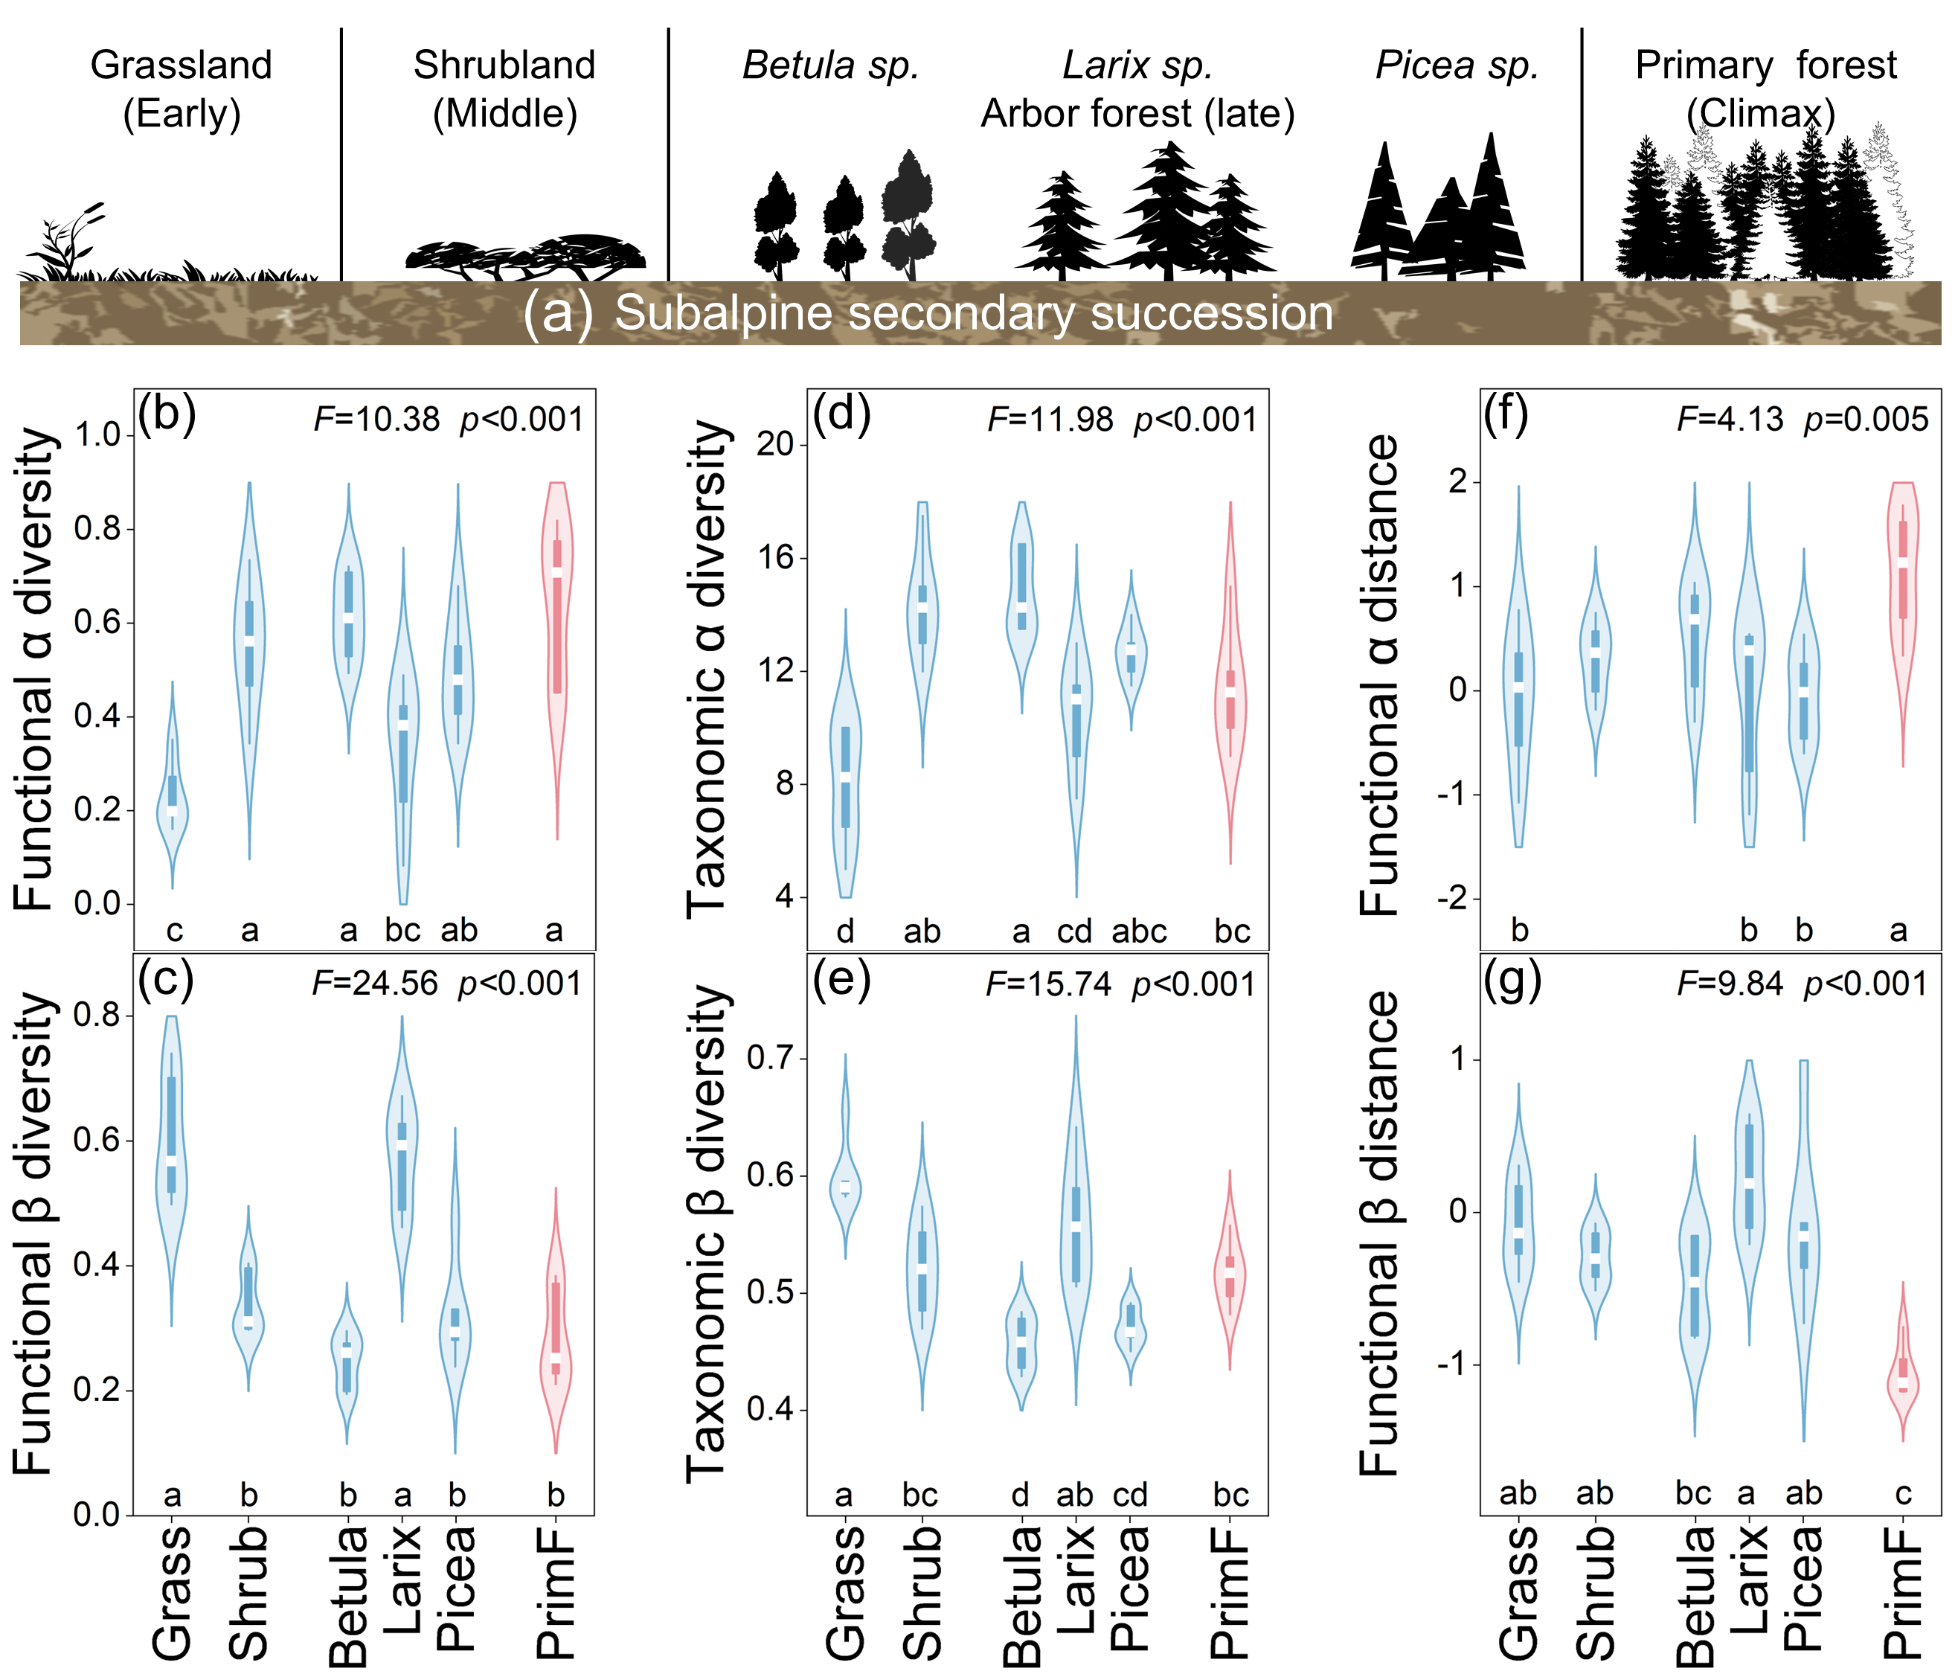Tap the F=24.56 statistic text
click(376, 984)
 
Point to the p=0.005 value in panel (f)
click(1866, 419)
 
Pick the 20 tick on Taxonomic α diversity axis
click(777, 443)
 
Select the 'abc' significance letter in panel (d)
click(1139, 931)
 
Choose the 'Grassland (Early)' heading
click(182, 89)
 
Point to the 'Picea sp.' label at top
click(1457, 65)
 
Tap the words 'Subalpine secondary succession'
click(974, 313)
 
